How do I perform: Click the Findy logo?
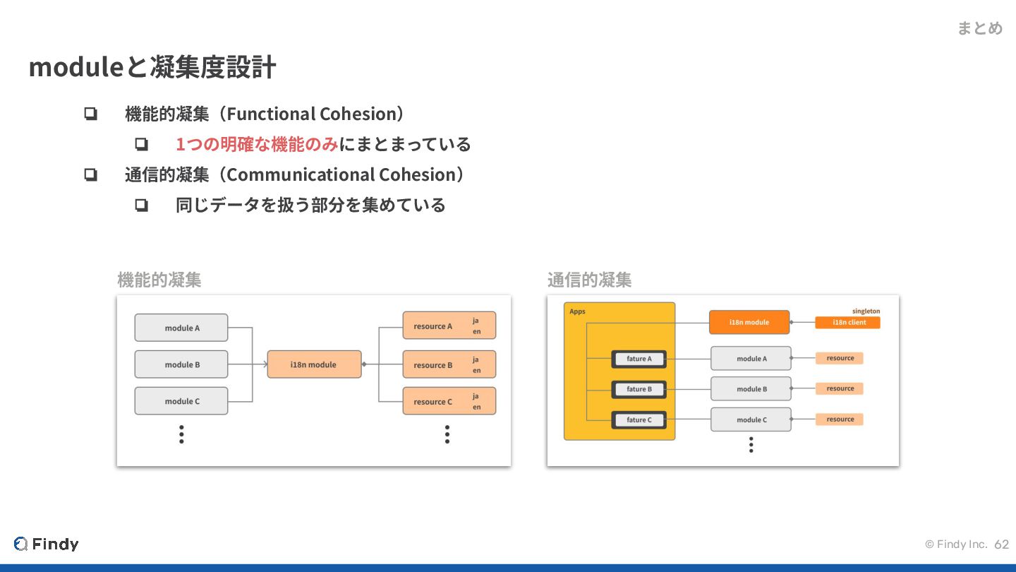[x=47, y=544]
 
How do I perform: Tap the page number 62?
[x=1002, y=544]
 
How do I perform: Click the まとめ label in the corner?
[x=979, y=28]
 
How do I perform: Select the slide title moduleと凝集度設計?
[x=152, y=67]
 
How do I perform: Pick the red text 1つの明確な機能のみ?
[x=257, y=144]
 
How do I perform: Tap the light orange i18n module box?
[x=314, y=364]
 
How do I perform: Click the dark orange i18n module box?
[x=749, y=322]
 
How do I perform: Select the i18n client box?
[x=847, y=323]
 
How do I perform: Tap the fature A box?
[x=639, y=359]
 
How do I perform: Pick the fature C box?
[x=639, y=419]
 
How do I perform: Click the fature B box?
[x=639, y=389]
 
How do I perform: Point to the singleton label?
[x=866, y=311]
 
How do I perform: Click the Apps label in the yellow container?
[x=577, y=311]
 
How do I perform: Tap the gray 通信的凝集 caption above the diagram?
[x=589, y=280]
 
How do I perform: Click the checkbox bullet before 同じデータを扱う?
[x=141, y=205]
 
